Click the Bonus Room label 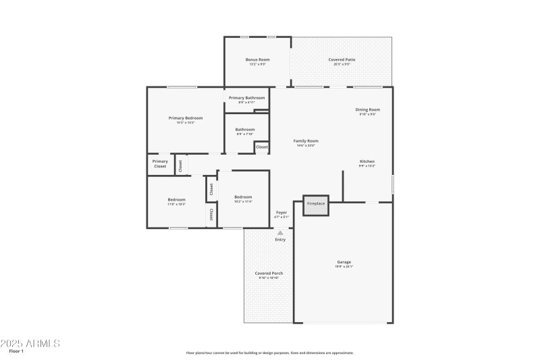(x=257, y=59)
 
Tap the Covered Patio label (x=342, y=59)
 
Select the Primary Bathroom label (x=246, y=98)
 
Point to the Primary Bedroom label (x=186, y=118)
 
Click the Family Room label (x=306, y=141)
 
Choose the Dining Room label (x=368, y=109)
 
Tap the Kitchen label (x=367, y=161)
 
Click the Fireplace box (x=316, y=203)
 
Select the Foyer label (x=281, y=212)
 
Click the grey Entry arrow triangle (x=280, y=232)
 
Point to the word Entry (x=280, y=240)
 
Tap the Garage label (x=344, y=262)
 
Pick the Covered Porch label (x=269, y=274)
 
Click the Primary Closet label (x=160, y=163)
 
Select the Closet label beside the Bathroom (x=262, y=147)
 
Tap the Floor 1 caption (x=16, y=352)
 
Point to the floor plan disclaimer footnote (x=269, y=353)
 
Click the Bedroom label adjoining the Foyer (x=243, y=197)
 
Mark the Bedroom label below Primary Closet (x=177, y=200)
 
